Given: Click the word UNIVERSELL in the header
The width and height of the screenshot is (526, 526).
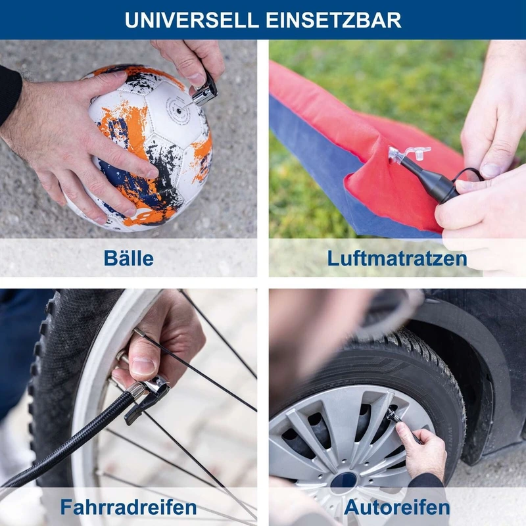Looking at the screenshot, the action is click(x=191, y=20).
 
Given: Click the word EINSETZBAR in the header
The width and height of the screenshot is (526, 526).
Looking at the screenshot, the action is click(x=333, y=20).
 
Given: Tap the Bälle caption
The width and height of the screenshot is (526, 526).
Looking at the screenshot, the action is click(x=128, y=258).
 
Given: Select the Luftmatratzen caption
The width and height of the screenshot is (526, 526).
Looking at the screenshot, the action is click(x=397, y=259).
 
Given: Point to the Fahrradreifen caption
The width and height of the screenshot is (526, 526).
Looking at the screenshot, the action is click(x=128, y=507).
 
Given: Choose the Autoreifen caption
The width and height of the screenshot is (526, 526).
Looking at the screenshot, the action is click(x=397, y=507).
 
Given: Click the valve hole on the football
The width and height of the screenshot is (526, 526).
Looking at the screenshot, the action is click(x=179, y=110).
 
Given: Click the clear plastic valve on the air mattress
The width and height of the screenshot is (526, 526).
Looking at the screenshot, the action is click(x=405, y=155).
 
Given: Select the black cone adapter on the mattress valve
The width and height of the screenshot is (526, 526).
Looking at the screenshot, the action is click(x=429, y=178).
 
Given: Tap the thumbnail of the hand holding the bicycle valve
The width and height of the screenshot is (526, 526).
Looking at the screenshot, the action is click(x=142, y=366).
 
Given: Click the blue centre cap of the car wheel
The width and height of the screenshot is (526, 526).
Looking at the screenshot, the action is click(x=343, y=482).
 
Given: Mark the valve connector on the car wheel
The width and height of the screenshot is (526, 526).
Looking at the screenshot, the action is click(x=394, y=416).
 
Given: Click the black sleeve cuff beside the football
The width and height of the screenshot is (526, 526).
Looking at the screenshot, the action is click(x=9, y=94).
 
